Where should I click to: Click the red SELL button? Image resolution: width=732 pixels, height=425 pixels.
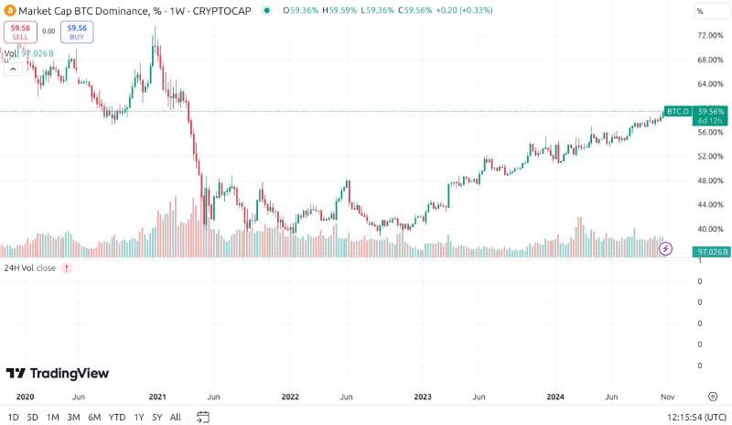coord(19,32)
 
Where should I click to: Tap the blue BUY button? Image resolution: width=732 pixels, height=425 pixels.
coord(77,32)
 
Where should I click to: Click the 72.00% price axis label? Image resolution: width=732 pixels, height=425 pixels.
coord(710,36)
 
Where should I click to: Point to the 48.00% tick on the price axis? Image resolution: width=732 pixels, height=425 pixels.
coord(710,180)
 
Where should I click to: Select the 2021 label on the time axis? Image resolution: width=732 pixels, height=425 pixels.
coord(157,397)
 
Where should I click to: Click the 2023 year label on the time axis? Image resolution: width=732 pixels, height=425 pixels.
coord(423,397)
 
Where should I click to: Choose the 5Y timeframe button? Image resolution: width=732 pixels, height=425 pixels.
coord(156,418)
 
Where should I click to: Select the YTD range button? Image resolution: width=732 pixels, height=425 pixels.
coord(116,418)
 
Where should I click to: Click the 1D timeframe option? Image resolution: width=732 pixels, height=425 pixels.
coord(13,418)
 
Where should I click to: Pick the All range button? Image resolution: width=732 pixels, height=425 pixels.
coord(176,418)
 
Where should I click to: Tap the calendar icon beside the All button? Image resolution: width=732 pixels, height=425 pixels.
coord(203,418)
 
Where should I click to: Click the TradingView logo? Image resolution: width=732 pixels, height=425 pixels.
coord(58,373)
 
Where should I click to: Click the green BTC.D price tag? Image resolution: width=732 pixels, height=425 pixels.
coord(677,111)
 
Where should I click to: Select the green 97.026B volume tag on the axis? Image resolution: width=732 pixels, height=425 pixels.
coord(711,251)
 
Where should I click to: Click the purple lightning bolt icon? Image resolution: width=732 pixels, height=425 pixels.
coord(667,248)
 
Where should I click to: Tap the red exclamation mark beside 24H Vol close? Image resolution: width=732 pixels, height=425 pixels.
coord(66,268)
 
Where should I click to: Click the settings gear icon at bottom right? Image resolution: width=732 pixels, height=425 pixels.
coord(712,397)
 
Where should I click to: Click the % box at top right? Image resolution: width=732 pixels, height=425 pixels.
coord(710,11)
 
